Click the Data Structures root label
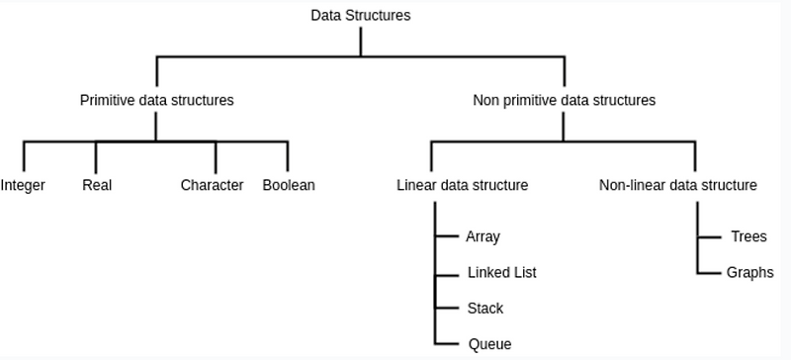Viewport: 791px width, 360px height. (361, 15)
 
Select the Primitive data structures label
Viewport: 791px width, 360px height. (156, 100)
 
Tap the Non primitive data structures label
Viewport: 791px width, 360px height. (565, 100)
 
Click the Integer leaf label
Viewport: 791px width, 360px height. (23, 185)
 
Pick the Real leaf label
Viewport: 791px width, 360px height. (96, 185)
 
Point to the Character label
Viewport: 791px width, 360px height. (212, 185)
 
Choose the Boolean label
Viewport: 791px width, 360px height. (289, 185)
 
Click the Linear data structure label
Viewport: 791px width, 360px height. (462, 185)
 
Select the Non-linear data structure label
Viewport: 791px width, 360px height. (678, 185)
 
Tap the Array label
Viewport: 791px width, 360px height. (483, 237)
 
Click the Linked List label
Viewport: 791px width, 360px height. (502, 272)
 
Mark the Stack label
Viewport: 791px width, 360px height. (484, 308)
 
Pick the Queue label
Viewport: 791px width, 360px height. (489, 344)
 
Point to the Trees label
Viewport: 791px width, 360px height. (748, 237)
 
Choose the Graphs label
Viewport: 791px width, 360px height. (750, 272)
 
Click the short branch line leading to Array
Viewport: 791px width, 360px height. (444, 237)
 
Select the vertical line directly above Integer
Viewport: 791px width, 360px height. (24, 155)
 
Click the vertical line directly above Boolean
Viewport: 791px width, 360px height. (288, 155)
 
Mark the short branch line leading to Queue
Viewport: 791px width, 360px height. (444, 343)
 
